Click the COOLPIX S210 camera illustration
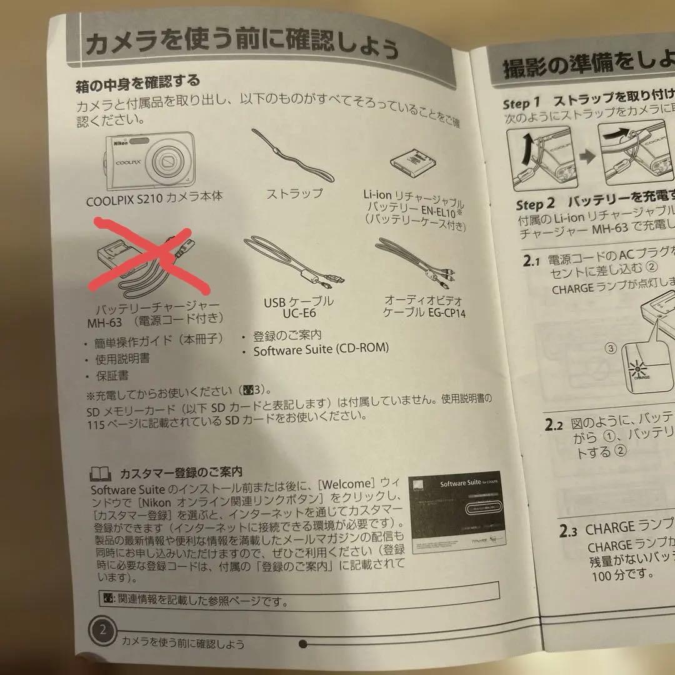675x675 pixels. pyautogui.click(x=150, y=161)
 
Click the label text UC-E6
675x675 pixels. pyautogui.click(x=298, y=314)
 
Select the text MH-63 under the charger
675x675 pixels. pyautogui.click(x=102, y=322)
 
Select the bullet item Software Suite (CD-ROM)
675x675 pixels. pyautogui.click(x=320, y=351)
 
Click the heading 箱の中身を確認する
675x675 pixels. pyautogui.click(x=137, y=81)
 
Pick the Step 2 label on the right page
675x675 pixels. pyautogui.click(x=535, y=204)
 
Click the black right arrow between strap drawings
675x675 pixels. pyautogui.click(x=587, y=156)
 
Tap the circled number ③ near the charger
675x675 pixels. pyautogui.click(x=610, y=349)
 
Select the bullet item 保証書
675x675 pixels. pyautogui.click(x=112, y=376)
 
